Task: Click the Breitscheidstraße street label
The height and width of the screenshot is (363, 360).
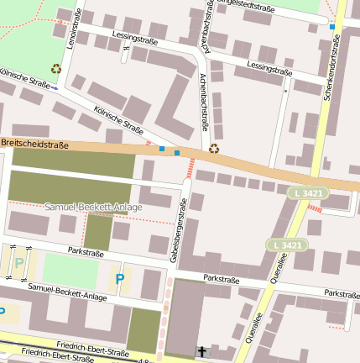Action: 34,145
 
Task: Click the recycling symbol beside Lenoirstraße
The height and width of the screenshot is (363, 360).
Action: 56,69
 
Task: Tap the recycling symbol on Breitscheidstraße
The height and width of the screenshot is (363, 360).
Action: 214,149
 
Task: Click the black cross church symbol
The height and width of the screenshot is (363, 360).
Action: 201,350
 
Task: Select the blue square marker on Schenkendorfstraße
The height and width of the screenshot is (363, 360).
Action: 332,27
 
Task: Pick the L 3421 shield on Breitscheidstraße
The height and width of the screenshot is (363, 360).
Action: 307,193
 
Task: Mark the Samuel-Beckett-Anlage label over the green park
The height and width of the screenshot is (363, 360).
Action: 93,206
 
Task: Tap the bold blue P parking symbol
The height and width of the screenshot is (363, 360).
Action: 120,278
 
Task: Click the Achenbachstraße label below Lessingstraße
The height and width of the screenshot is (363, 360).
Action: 204,103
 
